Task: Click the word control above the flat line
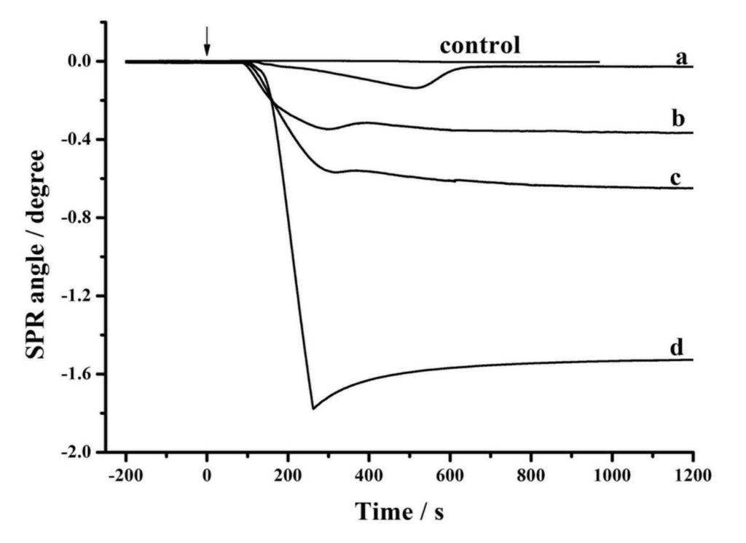(x=479, y=45)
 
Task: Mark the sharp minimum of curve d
(x=313, y=408)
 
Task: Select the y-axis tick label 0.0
(x=81, y=62)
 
